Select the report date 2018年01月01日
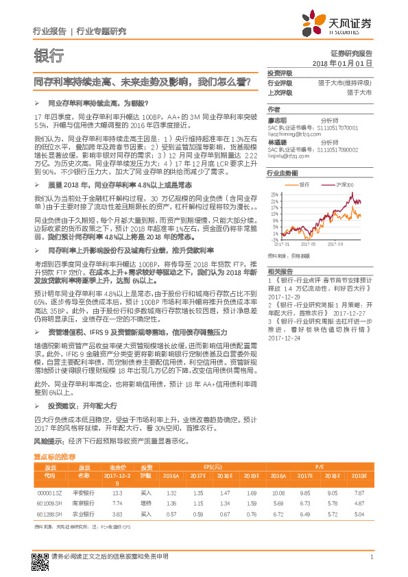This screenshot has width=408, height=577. (x=341, y=63)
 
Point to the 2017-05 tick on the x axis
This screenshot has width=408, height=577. (x=309, y=242)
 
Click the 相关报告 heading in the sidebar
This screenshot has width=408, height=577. (x=280, y=273)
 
